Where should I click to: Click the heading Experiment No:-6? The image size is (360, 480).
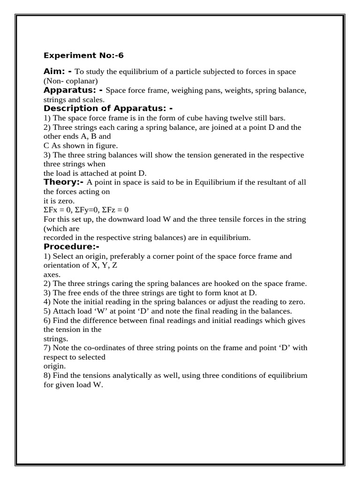[77, 55]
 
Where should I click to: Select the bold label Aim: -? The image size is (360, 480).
[58, 71]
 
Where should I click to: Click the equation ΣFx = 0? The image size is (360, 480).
[58, 210]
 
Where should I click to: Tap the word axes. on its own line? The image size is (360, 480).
[52, 275]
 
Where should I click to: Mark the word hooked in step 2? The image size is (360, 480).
[240, 284]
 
